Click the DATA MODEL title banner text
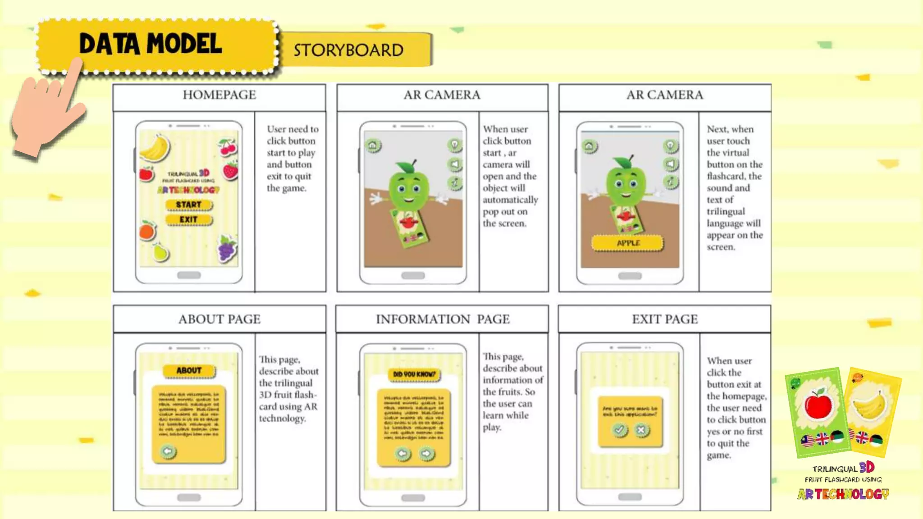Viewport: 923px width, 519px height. pyautogui.click(x=151, y=44)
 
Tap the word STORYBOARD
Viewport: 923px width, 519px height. pyautogui.click(x=348, y=50)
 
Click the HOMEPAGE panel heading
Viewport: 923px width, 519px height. pyautogui.click(x=219, y=95)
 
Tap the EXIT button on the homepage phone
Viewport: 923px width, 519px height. pyautogui.click(x=188, y=220)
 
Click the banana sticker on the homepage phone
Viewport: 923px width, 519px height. pyautogui.click(x=155, y=147)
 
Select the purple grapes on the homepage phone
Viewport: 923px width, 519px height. pyautogui.click(x=227, y=248)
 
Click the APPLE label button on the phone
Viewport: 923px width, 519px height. pyautogui.click(x=628, y=243)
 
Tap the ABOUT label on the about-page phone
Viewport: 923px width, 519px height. pyautogui.click(x=189, y=371)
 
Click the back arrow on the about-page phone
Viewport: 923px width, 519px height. pyautogui.click(x=168, y=451)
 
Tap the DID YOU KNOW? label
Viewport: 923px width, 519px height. pyautogui.click(x=414, y=374)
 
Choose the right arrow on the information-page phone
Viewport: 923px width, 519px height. pyautogui.click(x=426, y=453)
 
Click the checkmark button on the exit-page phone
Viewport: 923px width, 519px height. pyautogui.click(x=619, y=430)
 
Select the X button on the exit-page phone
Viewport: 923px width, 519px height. pyautogui.click(x=641, y=430)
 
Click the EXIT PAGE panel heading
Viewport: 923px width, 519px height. pyautogui.click(x=665, y=319)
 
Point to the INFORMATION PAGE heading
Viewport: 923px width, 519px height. pyautogui.click(x=443, y=319)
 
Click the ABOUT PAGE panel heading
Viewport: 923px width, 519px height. pyautogui.click(x=219, y=319)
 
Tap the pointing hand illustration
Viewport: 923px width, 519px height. pyautogui.click(x=45, y=113)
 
